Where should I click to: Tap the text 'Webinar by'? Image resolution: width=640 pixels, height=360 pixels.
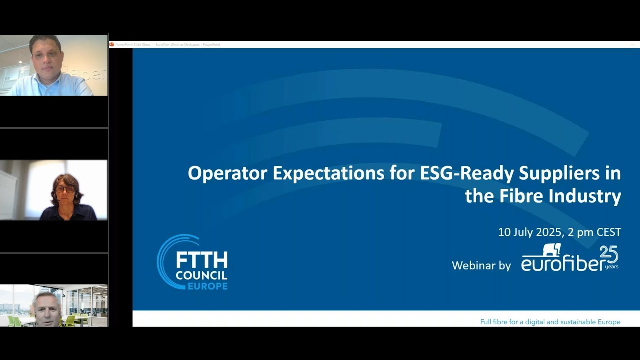[481, 266]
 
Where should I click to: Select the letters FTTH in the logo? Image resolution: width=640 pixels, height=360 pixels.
[202, 260]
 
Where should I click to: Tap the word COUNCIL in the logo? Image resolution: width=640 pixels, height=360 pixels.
[201, 275]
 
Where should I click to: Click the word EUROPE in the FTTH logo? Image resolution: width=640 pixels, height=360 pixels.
[207, 286]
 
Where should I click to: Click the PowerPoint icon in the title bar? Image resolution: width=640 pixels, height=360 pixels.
[112, 44]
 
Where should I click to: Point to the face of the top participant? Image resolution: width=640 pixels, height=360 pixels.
[46, 55]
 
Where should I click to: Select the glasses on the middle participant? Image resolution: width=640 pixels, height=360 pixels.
[65, 189]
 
